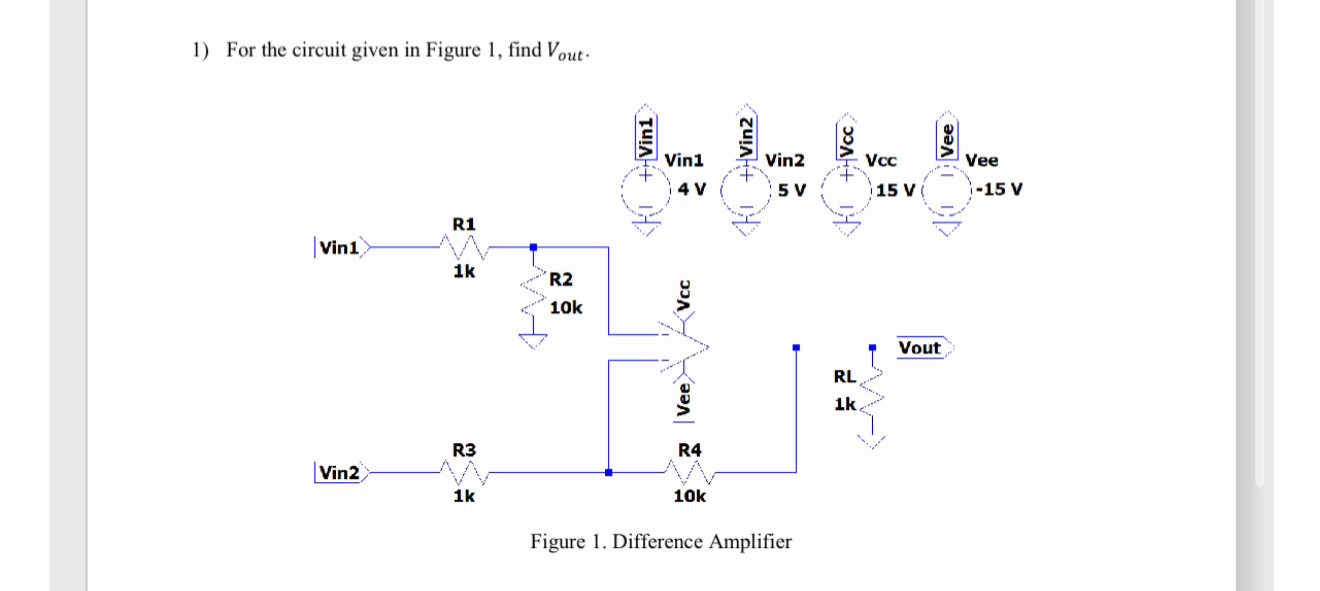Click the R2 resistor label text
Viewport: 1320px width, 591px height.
pyautogui.click(x=561, y=280)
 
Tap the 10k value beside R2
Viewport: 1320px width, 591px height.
pyautogui.click(x=566, y=308)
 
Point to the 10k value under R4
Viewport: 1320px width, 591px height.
pyautogui.click(x=690, y=496)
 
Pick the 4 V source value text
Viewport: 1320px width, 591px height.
pyautogui.click(x=692, y=190)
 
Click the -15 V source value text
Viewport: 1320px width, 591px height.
pyautogui.click(x=999, y=190)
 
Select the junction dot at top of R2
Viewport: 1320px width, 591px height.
pyautogui.click(x=533, y=247)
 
